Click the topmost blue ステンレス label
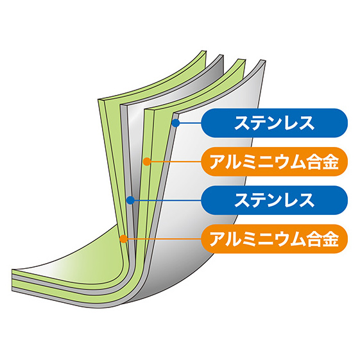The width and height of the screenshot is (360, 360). click(275, 123)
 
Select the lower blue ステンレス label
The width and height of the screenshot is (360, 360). click(275, 200)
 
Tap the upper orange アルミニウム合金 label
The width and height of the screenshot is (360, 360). click(275, 162)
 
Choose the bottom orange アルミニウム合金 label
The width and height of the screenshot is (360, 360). click(275, 239)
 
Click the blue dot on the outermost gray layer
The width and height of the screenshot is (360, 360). click(176, 123)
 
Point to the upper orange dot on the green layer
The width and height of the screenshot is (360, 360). click(147, 162)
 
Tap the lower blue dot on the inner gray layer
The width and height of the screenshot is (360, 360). click(130, 200)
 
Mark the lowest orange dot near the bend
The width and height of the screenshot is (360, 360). click(123, 239)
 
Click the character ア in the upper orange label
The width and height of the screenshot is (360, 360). click(218, 162)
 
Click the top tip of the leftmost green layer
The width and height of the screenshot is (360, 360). click(204, 51)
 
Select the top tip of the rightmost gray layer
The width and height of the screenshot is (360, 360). click(263, 61)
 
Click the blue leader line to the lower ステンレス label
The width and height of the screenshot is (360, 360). click(167, 200)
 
